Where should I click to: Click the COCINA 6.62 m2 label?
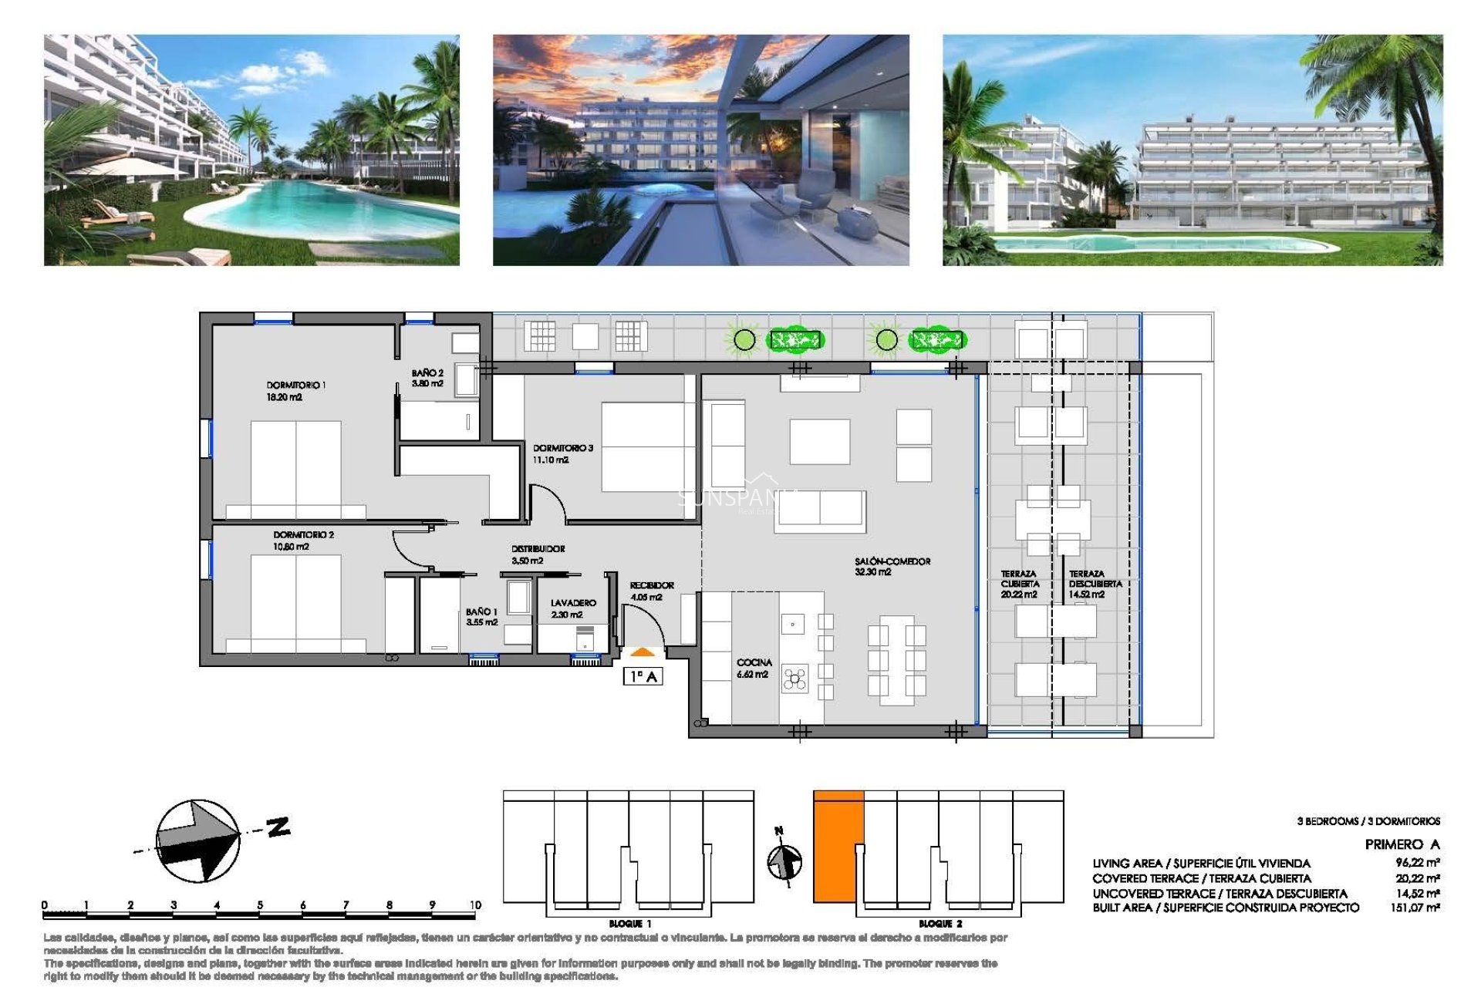click(753, 668)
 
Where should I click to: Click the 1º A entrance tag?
click(643, 677)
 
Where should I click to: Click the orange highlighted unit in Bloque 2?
click(838, 846)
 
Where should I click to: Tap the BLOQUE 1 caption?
click(629, 924)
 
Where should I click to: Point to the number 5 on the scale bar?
click(260, 905)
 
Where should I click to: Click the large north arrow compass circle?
click(197, 840)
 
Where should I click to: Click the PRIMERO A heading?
click(1402, 844)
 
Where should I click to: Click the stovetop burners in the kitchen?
click(794, 679)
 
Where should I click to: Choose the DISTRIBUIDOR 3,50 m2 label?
click(538, 554)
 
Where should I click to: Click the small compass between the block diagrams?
click(784, 861)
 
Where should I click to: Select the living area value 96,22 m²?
click(1416, 864)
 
